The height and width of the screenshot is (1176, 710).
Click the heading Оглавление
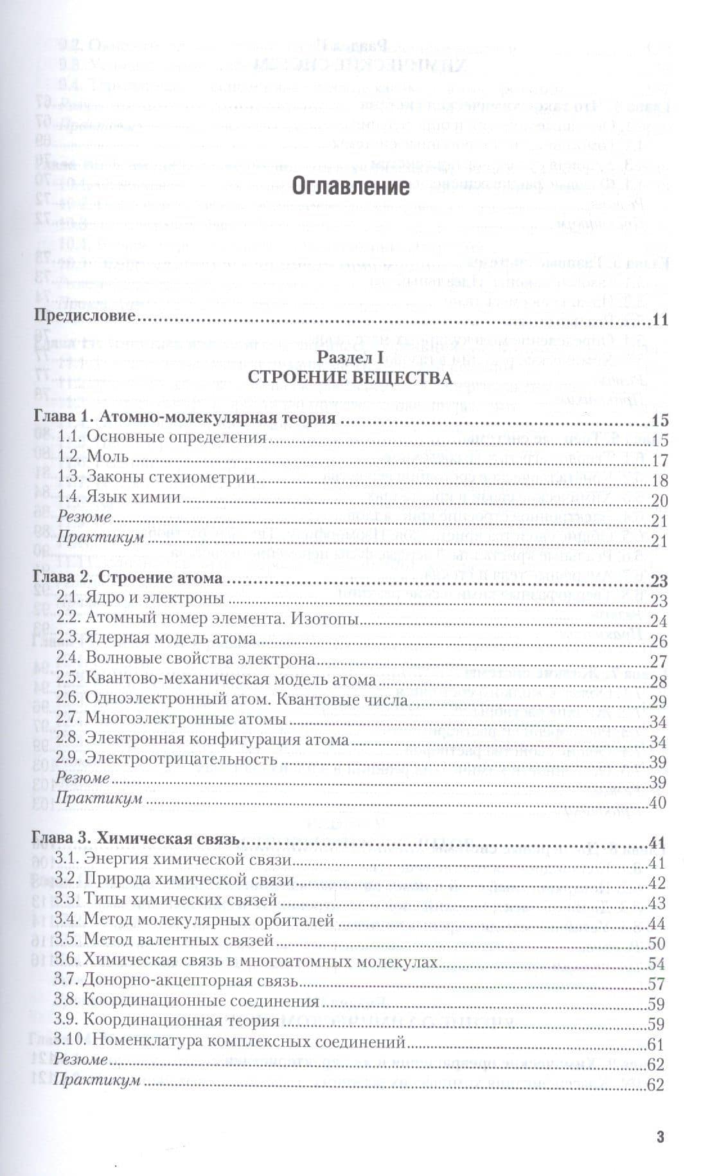(350, 186)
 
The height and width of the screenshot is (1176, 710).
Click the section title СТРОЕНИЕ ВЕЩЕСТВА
(350, 377)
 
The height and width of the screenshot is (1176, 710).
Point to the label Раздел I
(350, 357)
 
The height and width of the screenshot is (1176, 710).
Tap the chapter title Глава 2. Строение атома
(128, 577)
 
